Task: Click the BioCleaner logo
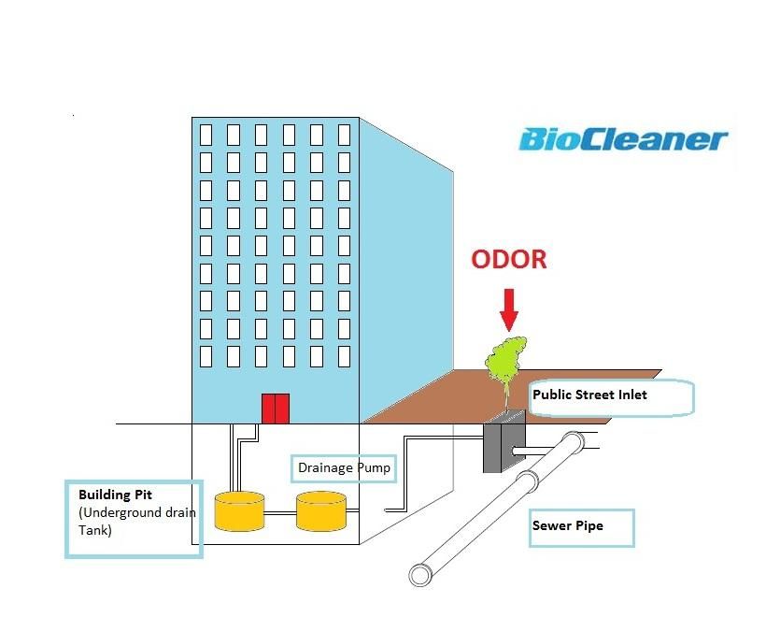point(623,139)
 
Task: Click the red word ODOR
point(509,259)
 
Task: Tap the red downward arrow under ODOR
point(509,309)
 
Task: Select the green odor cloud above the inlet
point(506,362)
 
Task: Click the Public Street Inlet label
point(589,395)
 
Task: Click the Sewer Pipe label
point(568,525)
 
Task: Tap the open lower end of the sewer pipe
point(420,575)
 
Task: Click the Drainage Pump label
point(344,467)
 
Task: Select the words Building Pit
point(115,495)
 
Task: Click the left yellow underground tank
point(239,511)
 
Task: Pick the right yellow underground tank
point(321,511)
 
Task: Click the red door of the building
point(276,409)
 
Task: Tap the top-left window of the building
point(206,135)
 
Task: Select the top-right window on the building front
point(344,135)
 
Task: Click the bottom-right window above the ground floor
point(344,356)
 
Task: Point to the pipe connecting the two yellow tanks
point(280,513)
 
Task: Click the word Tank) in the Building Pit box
point(94,530)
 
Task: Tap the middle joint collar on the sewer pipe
point(528,481)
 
